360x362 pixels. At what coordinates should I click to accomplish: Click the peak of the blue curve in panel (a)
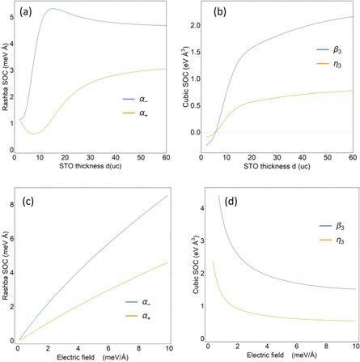coord(51,10)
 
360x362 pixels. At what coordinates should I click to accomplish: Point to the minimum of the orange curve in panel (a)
coord(37,134)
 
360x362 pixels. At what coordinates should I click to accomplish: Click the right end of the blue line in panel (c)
coord(167,195)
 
